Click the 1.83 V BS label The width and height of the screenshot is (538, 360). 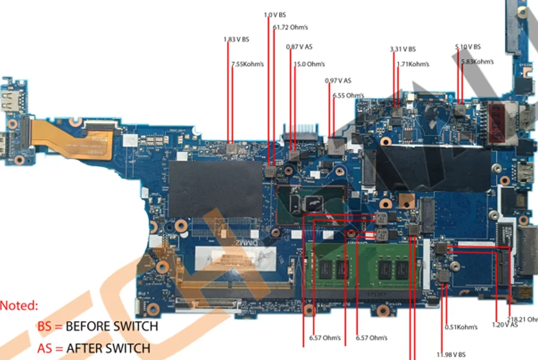(x=236, y=40)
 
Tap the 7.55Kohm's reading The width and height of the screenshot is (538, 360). (x=247, y=64)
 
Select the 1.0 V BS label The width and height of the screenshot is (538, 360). (x=275, y=15)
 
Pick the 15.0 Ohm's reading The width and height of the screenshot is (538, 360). (x=309, y=64)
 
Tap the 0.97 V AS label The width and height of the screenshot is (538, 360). (x=338, y=80)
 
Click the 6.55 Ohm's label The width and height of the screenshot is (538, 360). (x=348, y=95)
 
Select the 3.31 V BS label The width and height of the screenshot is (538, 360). (x=403, y=49)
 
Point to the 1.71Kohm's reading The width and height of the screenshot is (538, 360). (x=413, y=64)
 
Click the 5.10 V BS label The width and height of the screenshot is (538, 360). (x=468, y=47)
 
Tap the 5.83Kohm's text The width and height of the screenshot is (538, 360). (x=478, y=62)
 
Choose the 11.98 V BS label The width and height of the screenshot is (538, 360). (x=451, y=355)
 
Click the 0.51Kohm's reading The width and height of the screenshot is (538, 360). (x=461, y=327)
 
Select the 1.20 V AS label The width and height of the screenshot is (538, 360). (x=505, y=325)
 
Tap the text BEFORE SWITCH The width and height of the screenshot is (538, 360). (x=112, y=327)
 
